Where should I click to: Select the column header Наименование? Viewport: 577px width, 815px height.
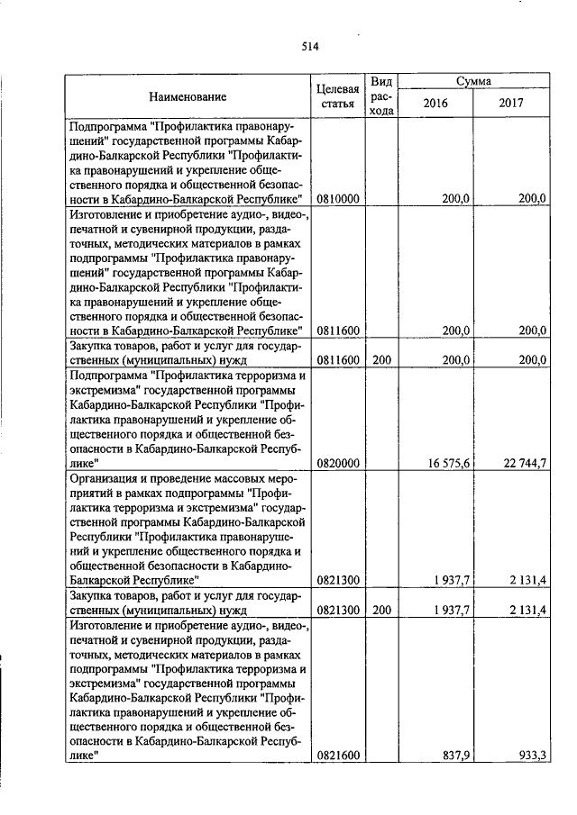click(x=188, y=96)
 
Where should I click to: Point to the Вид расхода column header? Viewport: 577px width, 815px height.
click(x=381, y=96)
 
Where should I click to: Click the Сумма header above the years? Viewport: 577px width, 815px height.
click(x=472, y=81)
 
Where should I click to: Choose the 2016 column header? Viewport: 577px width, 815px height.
click(x=435, y=104)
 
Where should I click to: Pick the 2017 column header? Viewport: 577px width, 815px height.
click(x=511, y=104)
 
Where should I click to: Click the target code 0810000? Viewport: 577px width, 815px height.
click(x=338, y=199)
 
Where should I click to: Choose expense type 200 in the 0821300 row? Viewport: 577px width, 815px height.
click(x=381, y=611)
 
